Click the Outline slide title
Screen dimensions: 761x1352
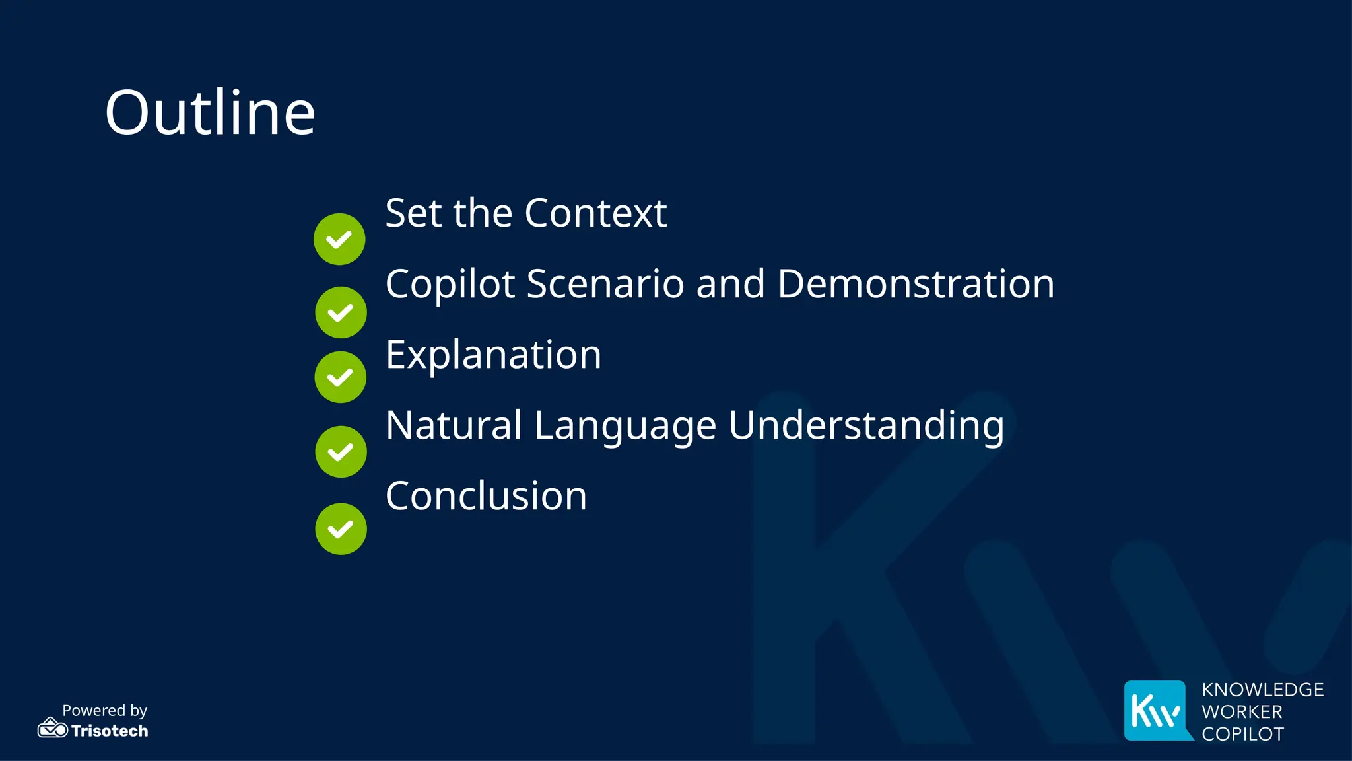(210, 113)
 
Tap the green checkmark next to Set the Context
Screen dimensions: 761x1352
(339, 239)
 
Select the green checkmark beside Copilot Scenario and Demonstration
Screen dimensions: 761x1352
(341, 312)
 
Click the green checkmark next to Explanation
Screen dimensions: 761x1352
(341, 377)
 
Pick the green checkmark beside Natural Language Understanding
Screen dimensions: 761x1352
(341, 452)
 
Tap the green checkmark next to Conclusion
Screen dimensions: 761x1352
(341, 529)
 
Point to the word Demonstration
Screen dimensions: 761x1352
(916, 284)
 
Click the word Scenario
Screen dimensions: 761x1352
(604, 284)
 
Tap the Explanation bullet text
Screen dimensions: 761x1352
(493, 355)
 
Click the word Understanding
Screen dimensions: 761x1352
(866, 426)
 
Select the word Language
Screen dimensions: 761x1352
(625, 426)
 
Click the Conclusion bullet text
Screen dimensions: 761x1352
(486, 496)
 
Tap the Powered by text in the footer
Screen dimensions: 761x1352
(104, 710)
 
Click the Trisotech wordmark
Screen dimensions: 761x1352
(110, 731)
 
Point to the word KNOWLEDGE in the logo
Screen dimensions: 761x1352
(1262, 690)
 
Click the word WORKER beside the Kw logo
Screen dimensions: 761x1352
(1242, 712)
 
